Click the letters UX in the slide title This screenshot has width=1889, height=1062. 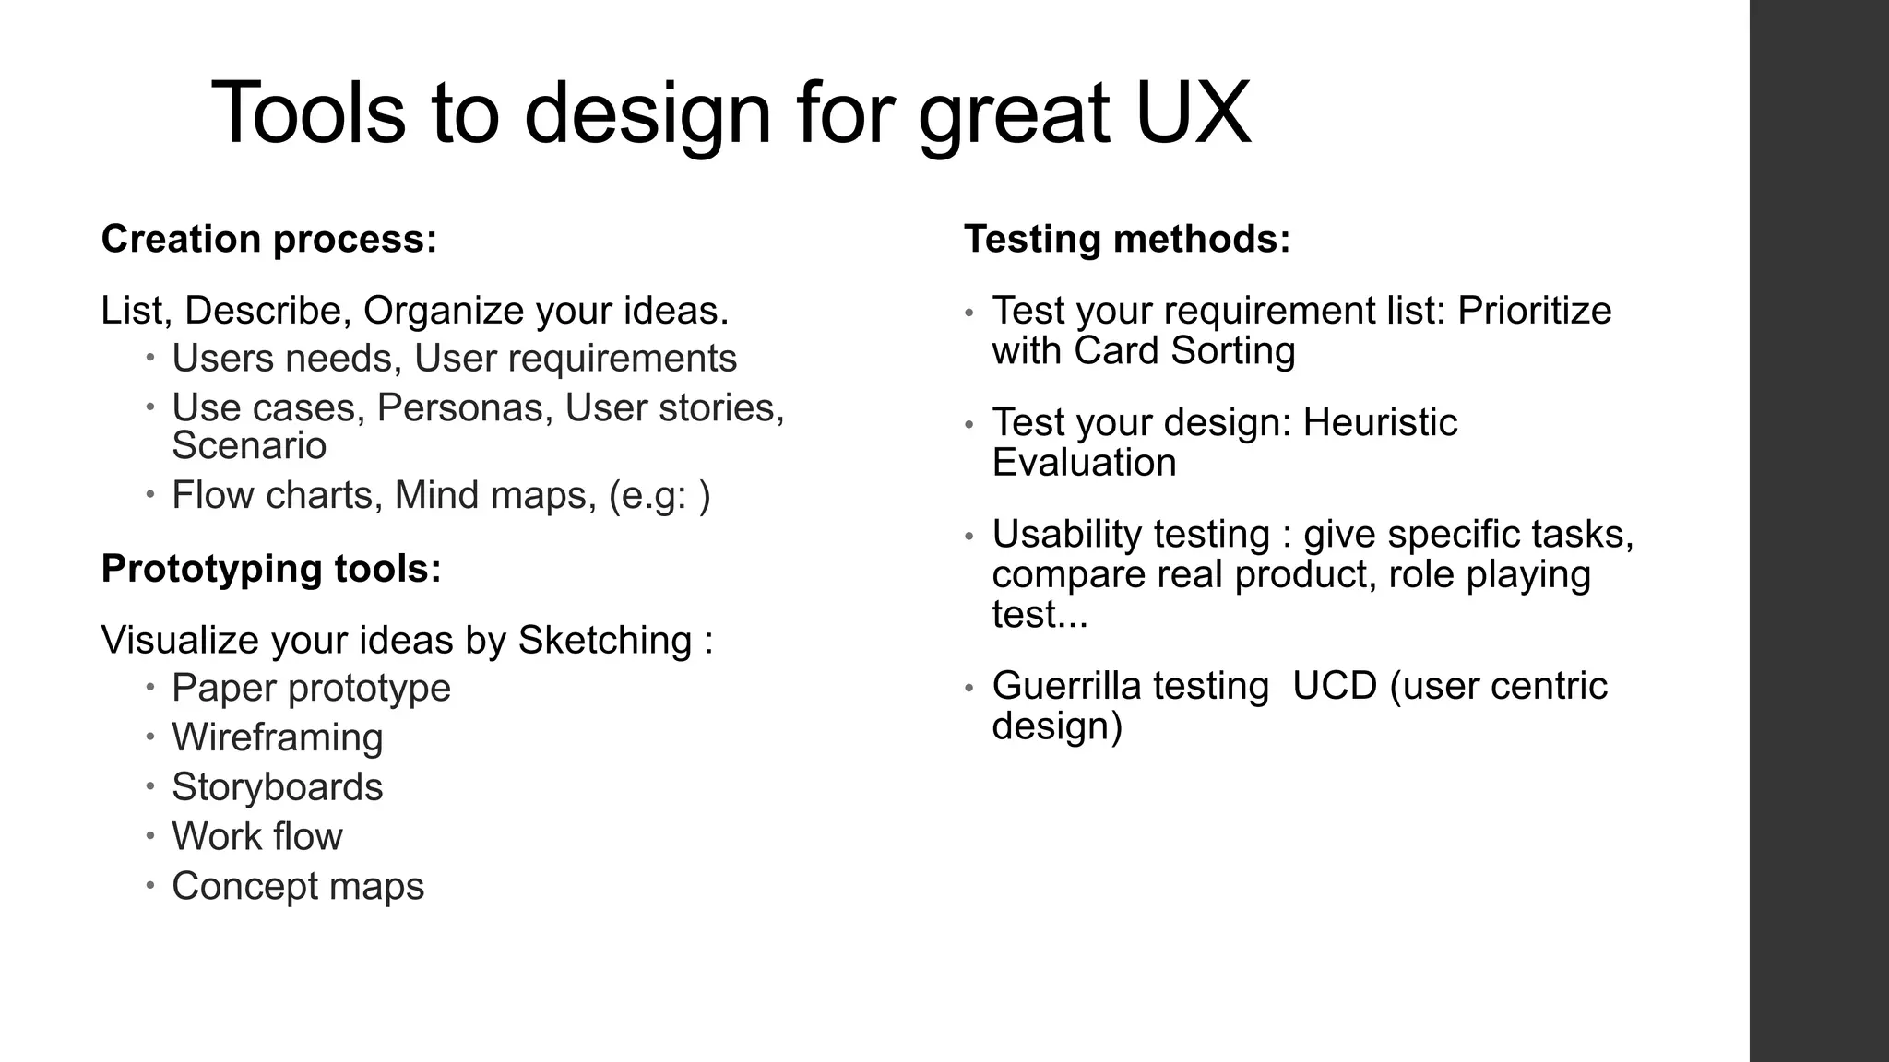(1193, 112)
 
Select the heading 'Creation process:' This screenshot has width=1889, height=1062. (268, 239)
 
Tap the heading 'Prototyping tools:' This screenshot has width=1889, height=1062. (271, 569)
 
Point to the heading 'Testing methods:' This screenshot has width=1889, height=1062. (1127, 239)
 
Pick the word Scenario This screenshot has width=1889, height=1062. (249, 446)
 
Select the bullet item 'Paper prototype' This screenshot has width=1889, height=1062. (311, 688)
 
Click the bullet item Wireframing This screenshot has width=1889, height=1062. (277, 737)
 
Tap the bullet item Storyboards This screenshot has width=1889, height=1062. (277, 787)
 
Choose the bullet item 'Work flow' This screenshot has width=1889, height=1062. (256, 837)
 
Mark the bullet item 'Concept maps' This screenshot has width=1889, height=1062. (297, 887)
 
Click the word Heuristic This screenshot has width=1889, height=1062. (1380, 423)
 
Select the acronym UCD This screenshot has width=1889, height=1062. (1335, 686)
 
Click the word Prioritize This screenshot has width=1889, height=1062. (1534, 311)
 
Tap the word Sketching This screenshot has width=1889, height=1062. (604, 641)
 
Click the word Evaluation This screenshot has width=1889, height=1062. (1084, 463)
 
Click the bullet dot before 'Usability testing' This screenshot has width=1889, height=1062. (968, 537)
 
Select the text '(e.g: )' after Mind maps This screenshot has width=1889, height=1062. (659, 496)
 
